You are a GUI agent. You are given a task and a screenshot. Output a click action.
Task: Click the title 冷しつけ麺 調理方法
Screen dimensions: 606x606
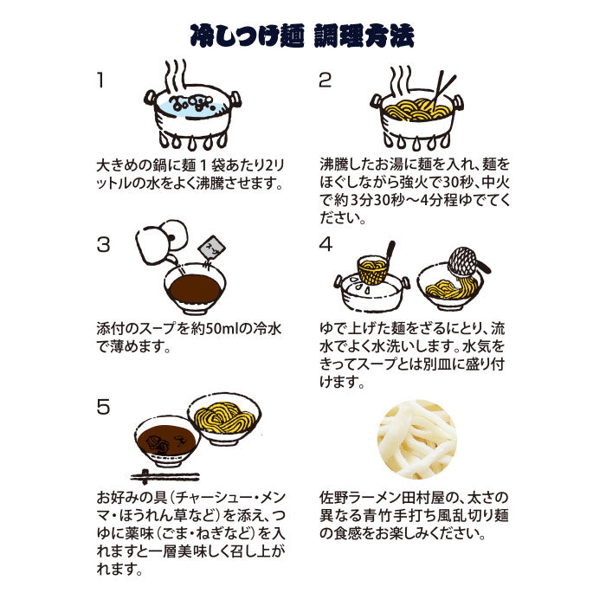[302, 36]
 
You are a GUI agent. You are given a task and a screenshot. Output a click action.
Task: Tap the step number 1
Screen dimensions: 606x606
[101, 80]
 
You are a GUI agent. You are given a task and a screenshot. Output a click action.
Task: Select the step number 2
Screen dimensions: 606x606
[325, 80]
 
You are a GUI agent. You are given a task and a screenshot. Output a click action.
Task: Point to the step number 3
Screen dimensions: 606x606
[103, 245]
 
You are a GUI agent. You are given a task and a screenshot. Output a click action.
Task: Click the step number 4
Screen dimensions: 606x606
[326, 245]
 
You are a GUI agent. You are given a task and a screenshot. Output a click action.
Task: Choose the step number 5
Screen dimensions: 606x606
[103, 407]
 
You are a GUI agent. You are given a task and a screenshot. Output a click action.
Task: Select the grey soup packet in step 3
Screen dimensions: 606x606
[211, 248]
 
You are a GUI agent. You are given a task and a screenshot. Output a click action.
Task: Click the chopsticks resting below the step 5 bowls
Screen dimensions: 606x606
[165, 477]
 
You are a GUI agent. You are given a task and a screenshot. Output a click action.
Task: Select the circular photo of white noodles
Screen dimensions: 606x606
[417, 440]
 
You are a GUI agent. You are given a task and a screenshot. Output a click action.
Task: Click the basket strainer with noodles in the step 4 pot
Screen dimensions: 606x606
[372, 268]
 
